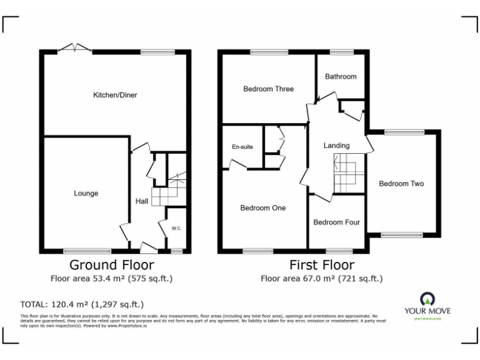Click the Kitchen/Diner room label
point(115,95)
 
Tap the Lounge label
point(86,193)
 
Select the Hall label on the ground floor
point(142,201)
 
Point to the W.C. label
point(176,228)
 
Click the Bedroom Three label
point(268,89)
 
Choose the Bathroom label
point(341,76)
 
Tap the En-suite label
point(242,147)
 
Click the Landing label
point(336,146)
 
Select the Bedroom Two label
point(401,184)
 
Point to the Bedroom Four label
point(336,222)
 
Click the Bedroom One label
point(263,207)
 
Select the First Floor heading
point(321,265)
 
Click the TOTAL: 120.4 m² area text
point(82,304)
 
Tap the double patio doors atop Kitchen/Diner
point(74,47)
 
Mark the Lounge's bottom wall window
point(82,251)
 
